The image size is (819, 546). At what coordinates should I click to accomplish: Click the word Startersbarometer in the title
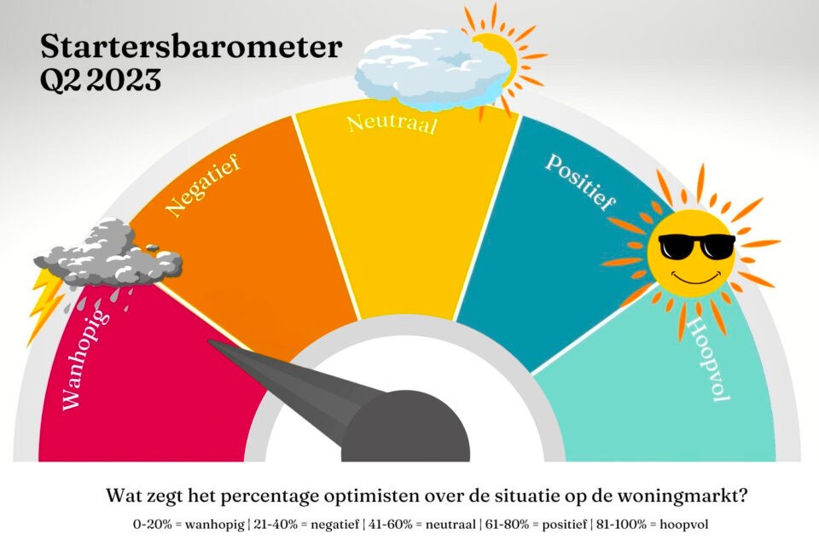[x=191, y=47]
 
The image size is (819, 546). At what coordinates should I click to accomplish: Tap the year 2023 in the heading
[x=124, y=80]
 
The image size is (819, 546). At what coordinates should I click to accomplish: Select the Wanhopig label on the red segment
[x=85, y=360]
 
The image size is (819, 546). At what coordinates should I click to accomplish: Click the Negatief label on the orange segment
[x=203, y=185]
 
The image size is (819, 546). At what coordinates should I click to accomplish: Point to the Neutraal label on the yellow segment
[x=392, y=124]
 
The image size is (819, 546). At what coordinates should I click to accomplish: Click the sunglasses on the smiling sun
[x=697, y=247]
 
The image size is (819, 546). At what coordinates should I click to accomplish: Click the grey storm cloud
[x=108, y=254]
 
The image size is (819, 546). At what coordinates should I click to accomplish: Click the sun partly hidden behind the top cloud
[x=504, y=57]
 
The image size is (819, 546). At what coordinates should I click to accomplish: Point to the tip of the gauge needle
[x=210, y=342]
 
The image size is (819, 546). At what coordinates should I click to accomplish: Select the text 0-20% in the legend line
[x=153, y=524]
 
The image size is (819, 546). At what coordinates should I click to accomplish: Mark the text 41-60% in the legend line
[x=390, y=524]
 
